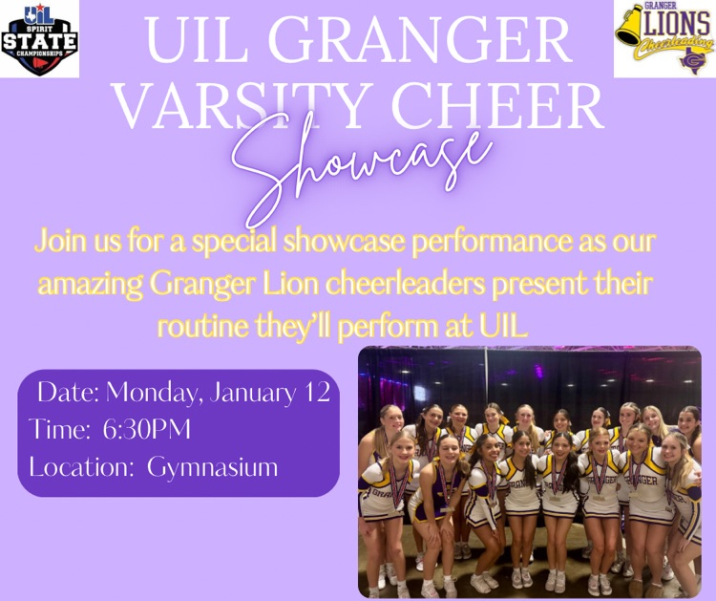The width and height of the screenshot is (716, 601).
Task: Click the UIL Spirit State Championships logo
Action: point(40,39)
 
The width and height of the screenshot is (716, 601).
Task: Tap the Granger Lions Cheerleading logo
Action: point(664,39)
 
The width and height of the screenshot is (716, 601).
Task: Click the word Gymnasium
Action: point(213,467)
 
